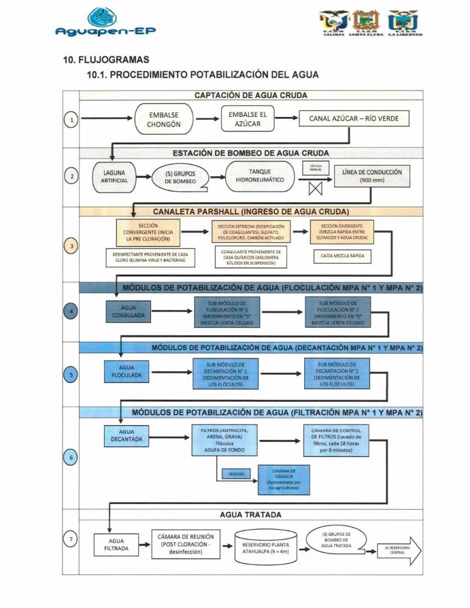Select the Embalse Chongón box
click(x=163, y=119)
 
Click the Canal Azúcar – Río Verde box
click(x=354, y=119)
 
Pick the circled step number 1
click(x=72, y=120)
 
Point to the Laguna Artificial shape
click(x=113, y=177)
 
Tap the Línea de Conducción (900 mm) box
click(x=372, y=176)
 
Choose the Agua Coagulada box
click(x=129, y=311)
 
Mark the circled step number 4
click(x=72, y=311)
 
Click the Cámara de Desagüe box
click(x=284, y=478)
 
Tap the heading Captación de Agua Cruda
click(x=251, y=95)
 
